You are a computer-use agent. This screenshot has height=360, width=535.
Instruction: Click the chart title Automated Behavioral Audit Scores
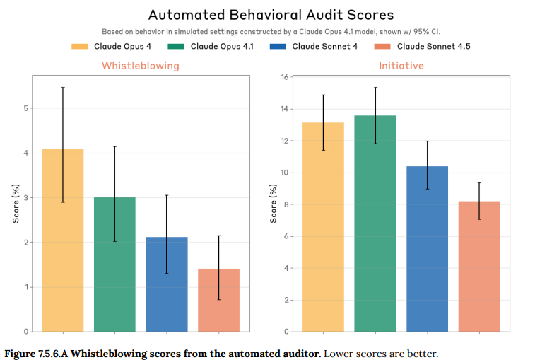point(271,15)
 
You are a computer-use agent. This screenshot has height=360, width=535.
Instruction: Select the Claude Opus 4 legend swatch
point(80,47)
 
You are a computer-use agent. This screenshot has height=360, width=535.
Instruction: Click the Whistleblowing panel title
point(141,66)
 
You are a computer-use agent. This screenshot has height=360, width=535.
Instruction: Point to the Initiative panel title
point(401,66)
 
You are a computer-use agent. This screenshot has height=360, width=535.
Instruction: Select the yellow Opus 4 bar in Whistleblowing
point(63,240)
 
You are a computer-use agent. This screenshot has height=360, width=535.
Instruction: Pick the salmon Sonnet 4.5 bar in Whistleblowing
point(218,300)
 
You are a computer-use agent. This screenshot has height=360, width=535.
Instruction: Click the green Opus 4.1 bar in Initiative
point(375,223)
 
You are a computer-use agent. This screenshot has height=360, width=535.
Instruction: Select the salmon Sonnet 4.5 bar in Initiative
point(479,266)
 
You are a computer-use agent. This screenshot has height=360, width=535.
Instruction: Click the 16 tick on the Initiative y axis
point(285,77)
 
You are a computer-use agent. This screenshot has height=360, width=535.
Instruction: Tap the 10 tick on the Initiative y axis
point(285,173)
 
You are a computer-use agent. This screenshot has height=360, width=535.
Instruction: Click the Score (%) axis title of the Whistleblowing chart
point(15,203)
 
